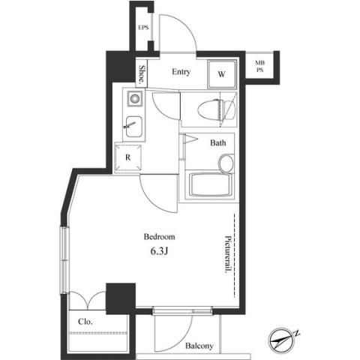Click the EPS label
click(143, 28)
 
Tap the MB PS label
click(259, 66)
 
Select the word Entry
click(181, 72)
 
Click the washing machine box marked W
click(222, 74)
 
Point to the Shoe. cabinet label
click(142, 74)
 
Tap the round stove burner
click(135, 98)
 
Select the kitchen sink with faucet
click(134, 127)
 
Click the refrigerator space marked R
click(127, 157)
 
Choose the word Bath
click(218, 142)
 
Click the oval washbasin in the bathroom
click(226, 163)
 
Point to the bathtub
click(210, 185)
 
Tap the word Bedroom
click(159, 236)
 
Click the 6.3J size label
click(159, 251)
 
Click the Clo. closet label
click(85, 322)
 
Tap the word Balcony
click(199, 346)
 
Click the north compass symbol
click(281, 340)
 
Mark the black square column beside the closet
click(121, 298)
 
